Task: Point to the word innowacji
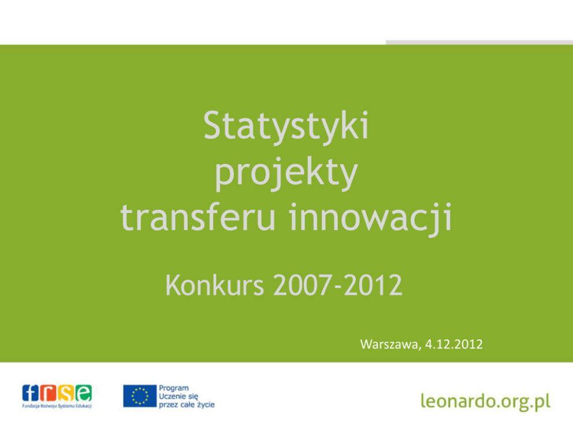(x=371, y=218)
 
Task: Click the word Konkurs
(x=215, y=285)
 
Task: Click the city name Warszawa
(x=390, y=344)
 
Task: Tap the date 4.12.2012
(x=454, y=344)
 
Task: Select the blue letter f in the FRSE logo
(x=31, y=394)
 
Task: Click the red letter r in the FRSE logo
(x=48, y=394)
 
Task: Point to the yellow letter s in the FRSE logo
(x=65, y=394)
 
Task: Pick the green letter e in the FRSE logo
(x=83, y=394)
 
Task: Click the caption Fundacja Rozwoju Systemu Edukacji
(x=57, y=406)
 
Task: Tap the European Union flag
(x=140, y=396)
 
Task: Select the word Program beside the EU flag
(x=174, y=388)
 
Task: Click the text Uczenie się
(x=178, y=396)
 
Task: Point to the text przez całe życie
(x=187, y=405)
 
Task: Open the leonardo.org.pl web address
(x=486, y=401)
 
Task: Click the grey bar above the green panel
(x=479, y=42)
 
